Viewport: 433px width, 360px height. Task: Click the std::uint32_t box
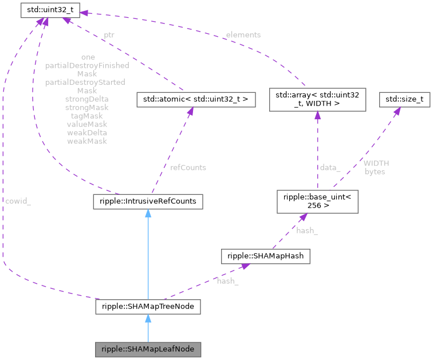[x=50, y=10]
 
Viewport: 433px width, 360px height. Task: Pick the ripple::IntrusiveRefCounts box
[x=148, y=202]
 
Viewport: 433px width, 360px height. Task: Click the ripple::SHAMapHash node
[x=266, y=256]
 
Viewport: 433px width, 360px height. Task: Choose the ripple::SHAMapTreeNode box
[x=148, y=307]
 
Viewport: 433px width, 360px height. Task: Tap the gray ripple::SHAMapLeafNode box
[x=148, y=349]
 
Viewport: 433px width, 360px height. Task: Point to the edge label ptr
[x=109, y=35]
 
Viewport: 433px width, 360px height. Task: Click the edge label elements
[x=243, y=35]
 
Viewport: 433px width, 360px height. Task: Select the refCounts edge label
[x=188, y=167]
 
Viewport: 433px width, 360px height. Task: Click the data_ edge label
[x=330, y=167]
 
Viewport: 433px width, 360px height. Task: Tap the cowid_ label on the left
[x=18, y=202]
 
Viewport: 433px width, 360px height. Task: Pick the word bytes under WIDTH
[x=375, y=171]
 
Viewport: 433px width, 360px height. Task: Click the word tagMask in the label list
[x=86, y=116]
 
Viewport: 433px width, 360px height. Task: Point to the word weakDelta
[x=86, y=132]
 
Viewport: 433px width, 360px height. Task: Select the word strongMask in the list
[x=86, y=107]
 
